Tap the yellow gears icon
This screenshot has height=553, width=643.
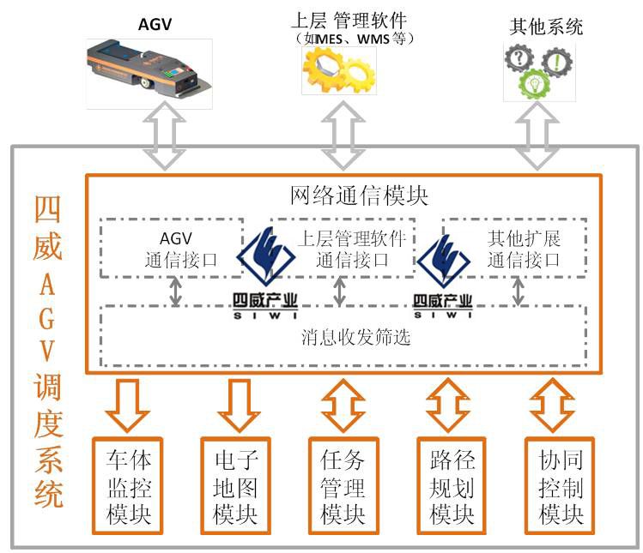point(338,70)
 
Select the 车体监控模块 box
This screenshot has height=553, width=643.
point(129,488)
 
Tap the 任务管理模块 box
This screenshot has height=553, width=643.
point(343,488)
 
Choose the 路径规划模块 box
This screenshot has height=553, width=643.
point(452,488)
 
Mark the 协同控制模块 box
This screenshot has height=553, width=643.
point(561,488)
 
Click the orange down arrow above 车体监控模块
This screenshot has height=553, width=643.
point(128,404)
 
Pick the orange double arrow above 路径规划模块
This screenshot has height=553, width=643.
point(451,404)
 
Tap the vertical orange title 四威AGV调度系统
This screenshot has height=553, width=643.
point(49,352)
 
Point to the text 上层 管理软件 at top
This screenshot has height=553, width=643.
point(349,18)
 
